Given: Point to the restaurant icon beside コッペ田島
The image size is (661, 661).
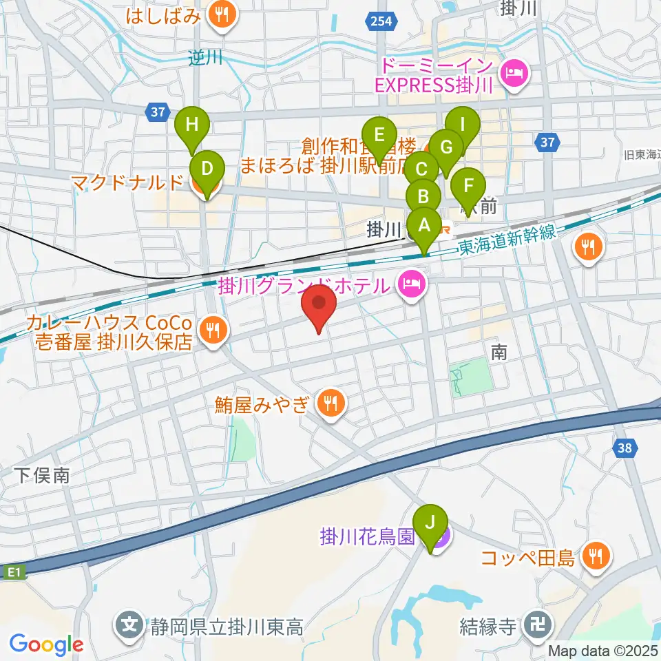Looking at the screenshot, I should (593, 556).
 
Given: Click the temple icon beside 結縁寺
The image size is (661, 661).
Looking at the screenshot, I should (534, 626).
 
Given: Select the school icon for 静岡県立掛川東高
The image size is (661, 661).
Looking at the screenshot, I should (129, 626).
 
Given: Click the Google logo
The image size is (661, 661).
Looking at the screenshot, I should (46, 644).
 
